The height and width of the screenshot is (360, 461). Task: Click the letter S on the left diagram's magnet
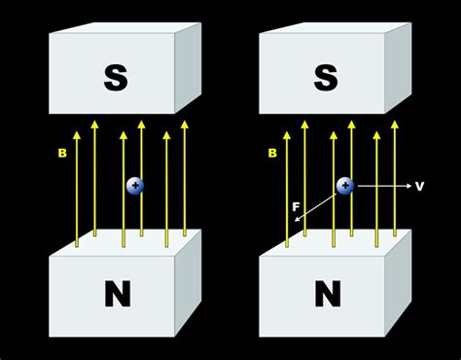(x=116, y=78)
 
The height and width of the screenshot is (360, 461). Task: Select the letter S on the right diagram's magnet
(x=327, y=78)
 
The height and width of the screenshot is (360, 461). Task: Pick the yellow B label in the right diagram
(x=275, y=154)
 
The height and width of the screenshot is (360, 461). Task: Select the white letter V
(x=419, y=185)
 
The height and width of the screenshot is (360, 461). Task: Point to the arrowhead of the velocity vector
(x=403, y=185)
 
